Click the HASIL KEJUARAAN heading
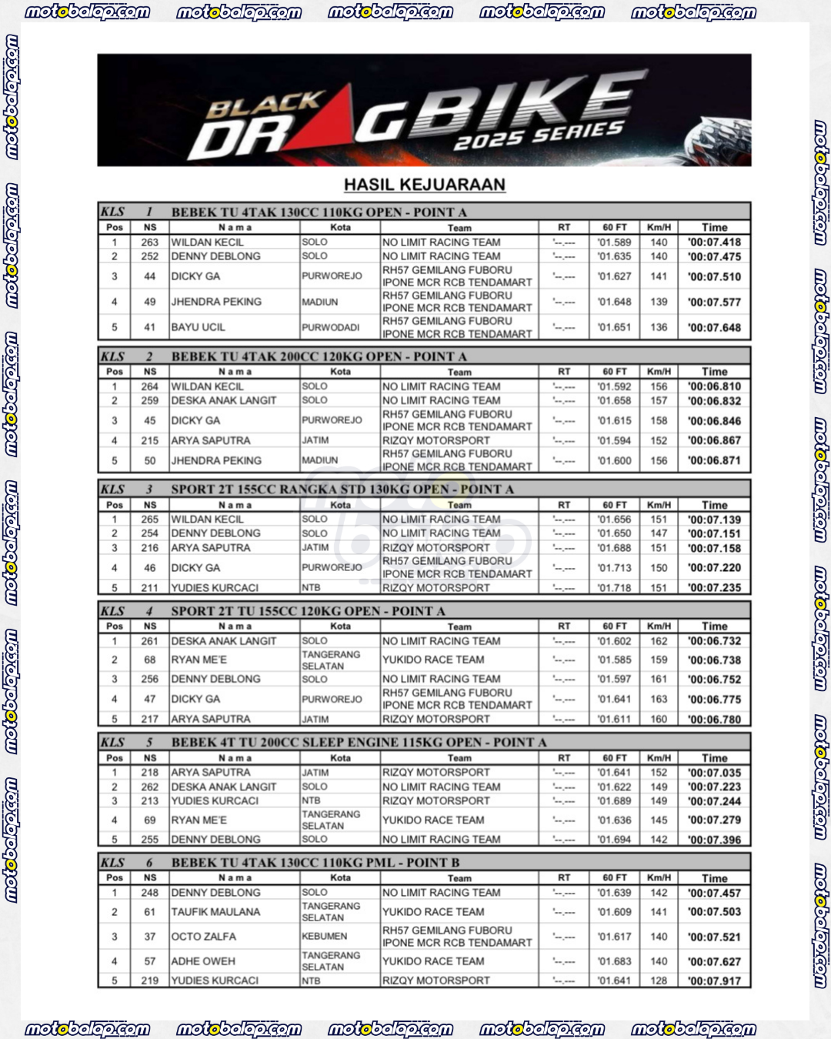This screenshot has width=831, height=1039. [x=424, y=185]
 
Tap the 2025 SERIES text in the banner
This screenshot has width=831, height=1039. [x=538, y=136]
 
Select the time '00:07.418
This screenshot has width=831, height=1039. [x=714, y=242]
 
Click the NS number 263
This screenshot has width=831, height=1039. [x=149, y=242]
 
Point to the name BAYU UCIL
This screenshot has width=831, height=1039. [x=199, y=327]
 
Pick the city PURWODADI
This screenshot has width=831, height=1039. [x=330, y=327]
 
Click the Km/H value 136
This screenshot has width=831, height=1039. [x=659, y=327]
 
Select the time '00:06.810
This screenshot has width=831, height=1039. [x=714, y=386]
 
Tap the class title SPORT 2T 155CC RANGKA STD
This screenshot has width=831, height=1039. [x=342, y=489]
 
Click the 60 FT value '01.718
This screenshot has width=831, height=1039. [x=614, y=588]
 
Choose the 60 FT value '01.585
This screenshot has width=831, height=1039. [x=614, y=660]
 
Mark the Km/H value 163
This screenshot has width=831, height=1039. [x=659, y=699]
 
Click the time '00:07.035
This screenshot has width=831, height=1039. [x=714, y=773]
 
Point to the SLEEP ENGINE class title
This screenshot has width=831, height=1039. [x=359, y=743]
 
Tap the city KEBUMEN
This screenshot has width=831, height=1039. [x=324, y=937]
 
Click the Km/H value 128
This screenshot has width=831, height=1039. [x=659, y=981]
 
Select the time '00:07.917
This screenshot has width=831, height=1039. [x=714, y=981]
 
